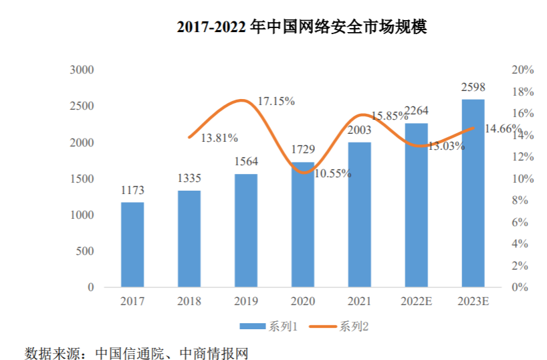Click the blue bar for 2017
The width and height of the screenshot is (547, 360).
[132, 244]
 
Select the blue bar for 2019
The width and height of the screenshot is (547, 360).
[246, 230]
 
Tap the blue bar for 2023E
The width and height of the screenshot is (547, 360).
[473, 193]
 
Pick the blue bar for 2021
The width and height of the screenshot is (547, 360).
[360, 214]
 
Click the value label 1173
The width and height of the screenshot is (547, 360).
[132, 190]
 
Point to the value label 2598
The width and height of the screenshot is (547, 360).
[473, 87]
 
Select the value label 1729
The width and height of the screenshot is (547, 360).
[303, 149]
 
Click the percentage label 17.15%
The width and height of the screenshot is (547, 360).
[276, 101]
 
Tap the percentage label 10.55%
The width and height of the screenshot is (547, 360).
[333, 173]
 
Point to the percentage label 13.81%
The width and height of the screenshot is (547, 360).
[219, 139]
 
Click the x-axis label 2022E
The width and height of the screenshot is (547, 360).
[416, 301]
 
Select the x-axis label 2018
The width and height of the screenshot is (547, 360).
[189, 301]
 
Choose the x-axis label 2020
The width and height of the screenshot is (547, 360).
[303, 301]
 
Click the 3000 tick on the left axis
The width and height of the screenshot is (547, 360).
[82, 70]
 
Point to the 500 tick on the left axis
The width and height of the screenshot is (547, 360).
[85, 251]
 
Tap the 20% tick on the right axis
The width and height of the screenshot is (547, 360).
[522, 70]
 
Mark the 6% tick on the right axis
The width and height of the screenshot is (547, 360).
[520, 222]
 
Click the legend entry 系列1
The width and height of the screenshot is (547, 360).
[269, 327]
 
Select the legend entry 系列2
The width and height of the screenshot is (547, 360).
[339, 327]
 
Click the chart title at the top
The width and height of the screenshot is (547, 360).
[302, 27]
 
